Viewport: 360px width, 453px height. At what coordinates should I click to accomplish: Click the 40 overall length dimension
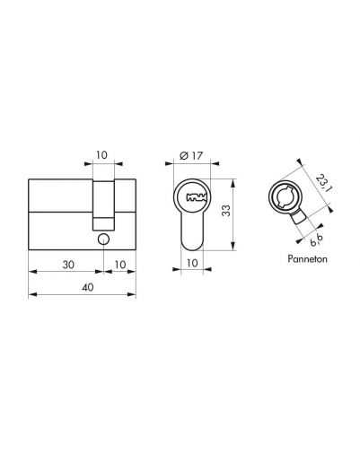click(x=88, y=287)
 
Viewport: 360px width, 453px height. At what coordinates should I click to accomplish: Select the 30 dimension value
click(x=68, y=265)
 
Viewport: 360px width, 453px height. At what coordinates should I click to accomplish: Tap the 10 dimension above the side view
click(x=101, y=155)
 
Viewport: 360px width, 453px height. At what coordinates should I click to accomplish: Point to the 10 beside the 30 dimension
click(x=120, y=265)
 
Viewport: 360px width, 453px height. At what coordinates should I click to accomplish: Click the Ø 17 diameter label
click(x=191, y=155)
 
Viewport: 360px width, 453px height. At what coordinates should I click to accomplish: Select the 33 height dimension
click(x=226, y=210)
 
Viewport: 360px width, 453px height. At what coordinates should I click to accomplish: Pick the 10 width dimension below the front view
click(x=192, y=263)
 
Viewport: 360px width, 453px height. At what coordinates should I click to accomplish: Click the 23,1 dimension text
click(x=324, y=183)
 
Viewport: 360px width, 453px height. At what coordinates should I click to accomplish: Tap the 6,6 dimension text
click(x=317, y=240)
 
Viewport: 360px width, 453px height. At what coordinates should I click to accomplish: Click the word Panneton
click(x=307, y=258)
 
